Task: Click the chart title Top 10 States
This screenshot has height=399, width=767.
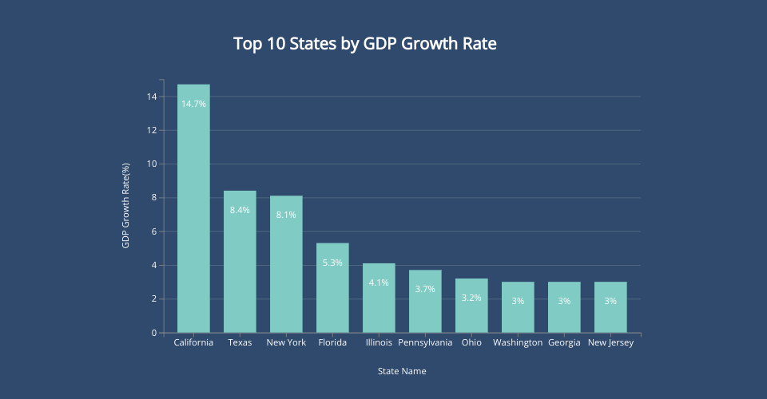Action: pyautogui.click(x=365, y=44)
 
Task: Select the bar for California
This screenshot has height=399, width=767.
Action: pyautogui.click(x=193, y=215)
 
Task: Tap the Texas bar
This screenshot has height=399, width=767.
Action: pyautogui.click(x=240, y=263)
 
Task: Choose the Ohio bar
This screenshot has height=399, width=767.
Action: pyautogui.click(x=471, y=307)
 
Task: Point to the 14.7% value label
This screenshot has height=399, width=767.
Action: pyautogui.click(x=193, y=104)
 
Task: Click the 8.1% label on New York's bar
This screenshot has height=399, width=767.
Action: pyautogui.click(x=286, y=215)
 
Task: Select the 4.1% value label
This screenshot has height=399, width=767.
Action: pyautogui.click(x=379, y=282)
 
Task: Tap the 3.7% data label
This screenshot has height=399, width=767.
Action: pyautogui.click(x=425, y=289)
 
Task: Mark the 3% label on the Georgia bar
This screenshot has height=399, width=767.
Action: pyautogui.click(x=564, y=301)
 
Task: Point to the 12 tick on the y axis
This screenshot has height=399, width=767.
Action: pyautogui.click(x=151, y=130)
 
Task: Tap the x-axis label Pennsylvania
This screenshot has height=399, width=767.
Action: pyautogui.click(x=425, y=343)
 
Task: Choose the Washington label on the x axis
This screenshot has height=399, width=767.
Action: pyautogui.click(x=518, y=343)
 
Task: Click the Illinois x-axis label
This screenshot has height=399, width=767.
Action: pyautogui.click(x=379, y=343)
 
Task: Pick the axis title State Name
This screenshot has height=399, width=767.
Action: pyautogui.click(x=402, y=371)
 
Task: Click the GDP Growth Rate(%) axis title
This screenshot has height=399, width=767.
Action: pyautogui.click(x=125, y=206)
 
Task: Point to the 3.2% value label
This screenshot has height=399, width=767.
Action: pyautogui.click(x=471, y=298)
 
